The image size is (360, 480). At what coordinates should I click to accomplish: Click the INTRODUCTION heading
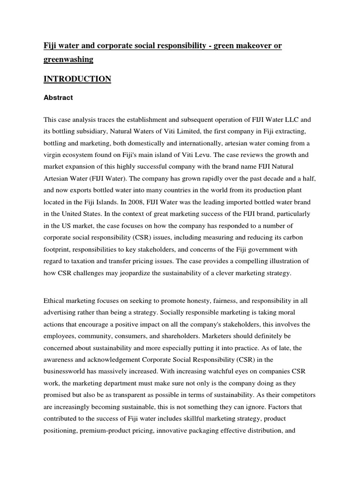(77, 79)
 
